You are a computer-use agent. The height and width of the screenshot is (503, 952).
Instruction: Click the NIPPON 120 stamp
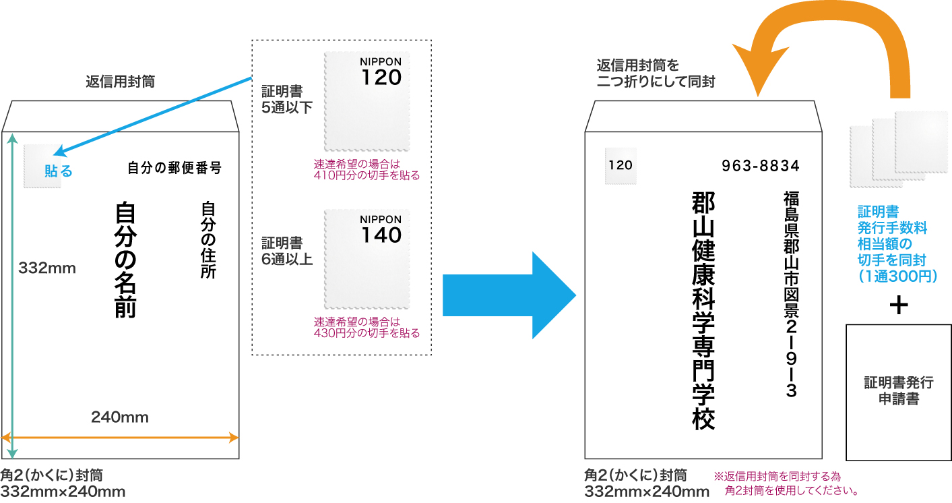click(x=367, y=102)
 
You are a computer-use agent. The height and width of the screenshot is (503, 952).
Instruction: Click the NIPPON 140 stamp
click(x=367, y=260)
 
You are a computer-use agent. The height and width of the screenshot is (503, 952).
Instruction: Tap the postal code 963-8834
click(x=761, y=166)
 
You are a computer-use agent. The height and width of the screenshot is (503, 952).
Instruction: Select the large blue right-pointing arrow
click(x=509, y=295)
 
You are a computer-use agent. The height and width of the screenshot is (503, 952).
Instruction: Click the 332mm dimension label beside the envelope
click(x=47, y=268)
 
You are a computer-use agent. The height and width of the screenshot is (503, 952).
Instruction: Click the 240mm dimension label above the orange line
click(x=120, y=417)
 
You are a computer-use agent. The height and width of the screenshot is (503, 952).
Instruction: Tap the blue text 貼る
click(x=59, y=171)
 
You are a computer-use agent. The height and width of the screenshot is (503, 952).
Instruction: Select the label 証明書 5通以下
click(x=287, y=99)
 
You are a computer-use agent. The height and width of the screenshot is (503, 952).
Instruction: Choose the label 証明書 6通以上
click(x=287, y=251)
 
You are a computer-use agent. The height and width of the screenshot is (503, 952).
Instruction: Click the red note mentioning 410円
click(x=367, y=170)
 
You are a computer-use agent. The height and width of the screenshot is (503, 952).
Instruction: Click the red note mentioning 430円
click(x=367, y=328)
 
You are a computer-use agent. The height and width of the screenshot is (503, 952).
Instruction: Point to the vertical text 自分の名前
click(x=125, y=260)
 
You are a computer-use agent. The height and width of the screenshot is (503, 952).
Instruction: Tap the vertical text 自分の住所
click(x=208, y=240)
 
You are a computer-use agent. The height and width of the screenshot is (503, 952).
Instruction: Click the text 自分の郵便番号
click(x=174, y=168)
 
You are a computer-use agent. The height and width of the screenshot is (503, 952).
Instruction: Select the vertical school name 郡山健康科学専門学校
click(x=703, y=311)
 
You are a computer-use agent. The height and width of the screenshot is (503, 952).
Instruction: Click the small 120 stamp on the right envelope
click(x=621, y=166)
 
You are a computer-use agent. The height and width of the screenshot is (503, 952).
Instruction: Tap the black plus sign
click(x=899, y=305)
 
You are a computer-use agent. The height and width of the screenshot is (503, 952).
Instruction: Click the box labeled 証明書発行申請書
click(x=899, y=392)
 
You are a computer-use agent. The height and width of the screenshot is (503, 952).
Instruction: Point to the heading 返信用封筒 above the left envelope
click(x=121, y=81)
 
